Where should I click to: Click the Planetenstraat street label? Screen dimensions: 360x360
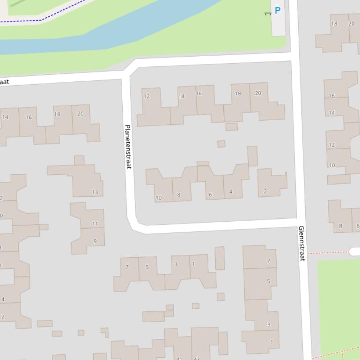point(128,146)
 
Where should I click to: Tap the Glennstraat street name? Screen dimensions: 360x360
point(301,243)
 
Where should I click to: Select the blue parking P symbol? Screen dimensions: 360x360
point(278,10)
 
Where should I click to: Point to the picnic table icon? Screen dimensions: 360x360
point(268,14)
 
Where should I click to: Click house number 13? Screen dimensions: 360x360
point(95,192)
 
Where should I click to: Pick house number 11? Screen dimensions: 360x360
point(95,224)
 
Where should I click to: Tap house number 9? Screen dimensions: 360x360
point(95,241)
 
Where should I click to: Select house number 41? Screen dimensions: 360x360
point(179,359)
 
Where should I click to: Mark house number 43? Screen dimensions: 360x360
point(197,359)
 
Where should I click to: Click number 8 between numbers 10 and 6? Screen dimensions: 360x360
point(178,195)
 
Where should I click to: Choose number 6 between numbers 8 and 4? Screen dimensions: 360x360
point(210,195)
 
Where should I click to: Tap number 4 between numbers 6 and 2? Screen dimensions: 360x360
point(231,192)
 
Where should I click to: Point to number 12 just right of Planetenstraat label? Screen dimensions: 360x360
point(147,97)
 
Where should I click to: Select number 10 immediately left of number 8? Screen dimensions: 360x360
point(158,198)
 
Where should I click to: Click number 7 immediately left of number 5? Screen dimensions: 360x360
point(127,267)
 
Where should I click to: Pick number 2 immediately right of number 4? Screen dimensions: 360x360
point(265,191)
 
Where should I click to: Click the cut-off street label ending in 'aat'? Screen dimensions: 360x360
point(4,82)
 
